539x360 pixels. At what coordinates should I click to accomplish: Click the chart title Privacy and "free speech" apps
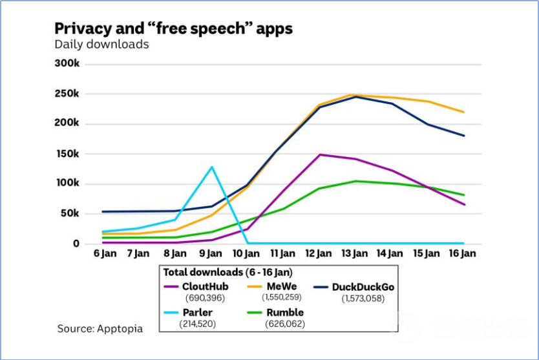[173, 28]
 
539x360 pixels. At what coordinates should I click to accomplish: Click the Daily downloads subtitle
[101, 45]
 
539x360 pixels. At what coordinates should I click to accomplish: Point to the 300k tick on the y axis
[67, 64]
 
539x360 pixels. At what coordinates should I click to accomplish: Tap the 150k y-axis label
[67, 154]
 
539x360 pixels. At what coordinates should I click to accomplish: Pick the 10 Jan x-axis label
[248, 254]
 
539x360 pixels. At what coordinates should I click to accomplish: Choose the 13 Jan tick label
[355, 254]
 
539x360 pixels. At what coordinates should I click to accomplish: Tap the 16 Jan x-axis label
[463, 254]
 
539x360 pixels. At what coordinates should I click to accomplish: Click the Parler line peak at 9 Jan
[211, 167]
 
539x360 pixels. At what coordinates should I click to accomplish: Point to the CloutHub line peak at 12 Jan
[319, 154]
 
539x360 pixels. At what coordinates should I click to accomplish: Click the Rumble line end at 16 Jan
[463, 195]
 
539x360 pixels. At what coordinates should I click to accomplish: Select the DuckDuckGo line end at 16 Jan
[463, 136]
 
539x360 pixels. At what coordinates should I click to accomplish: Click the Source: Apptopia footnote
[100, 329]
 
